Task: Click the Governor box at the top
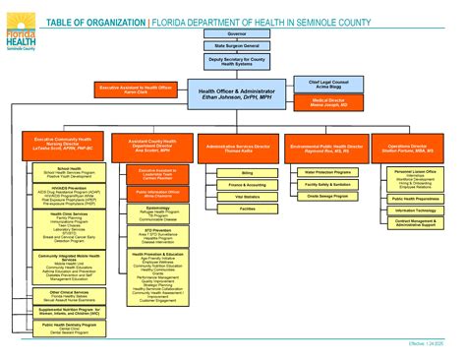click(x=233, y=33)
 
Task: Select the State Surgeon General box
click(x=233, y=46)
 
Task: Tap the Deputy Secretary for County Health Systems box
click(x=233, y=61)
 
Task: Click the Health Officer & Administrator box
click(x=233, y=92)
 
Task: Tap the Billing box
click(x=248, y=172)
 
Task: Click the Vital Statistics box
click(x=248, y=197)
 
